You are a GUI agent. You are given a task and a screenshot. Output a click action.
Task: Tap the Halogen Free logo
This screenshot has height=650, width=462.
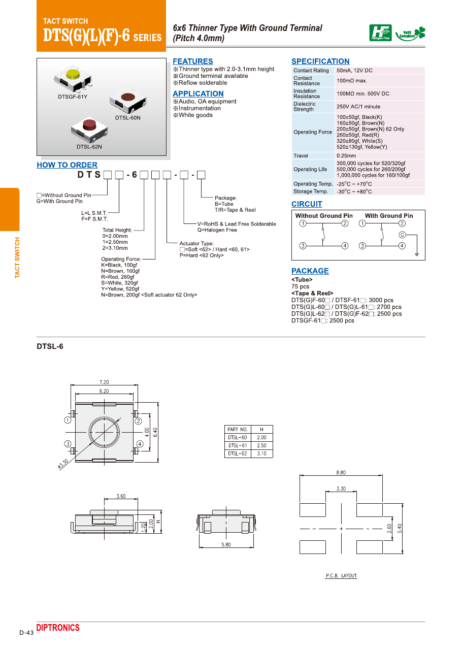(380, 33)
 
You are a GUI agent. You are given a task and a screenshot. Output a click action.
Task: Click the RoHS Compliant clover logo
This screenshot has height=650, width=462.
(411, 34)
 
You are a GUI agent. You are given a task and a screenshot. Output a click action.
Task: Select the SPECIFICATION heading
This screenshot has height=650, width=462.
(320, 61)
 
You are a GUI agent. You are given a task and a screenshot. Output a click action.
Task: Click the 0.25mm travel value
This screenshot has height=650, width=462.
(346, 156)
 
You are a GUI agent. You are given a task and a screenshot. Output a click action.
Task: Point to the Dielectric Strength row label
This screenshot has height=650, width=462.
(304, 107)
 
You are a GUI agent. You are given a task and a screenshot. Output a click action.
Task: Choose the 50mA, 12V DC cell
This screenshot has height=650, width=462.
(354, 71)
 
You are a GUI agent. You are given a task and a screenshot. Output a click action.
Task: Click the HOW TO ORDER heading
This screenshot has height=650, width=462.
(67, 165)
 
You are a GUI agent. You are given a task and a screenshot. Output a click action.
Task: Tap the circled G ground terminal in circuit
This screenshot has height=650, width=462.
(402, 235)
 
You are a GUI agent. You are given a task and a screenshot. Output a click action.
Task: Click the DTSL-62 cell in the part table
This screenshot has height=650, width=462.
(237, 453)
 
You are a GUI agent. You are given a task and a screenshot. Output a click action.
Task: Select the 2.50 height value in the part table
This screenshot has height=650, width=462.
(261, 445)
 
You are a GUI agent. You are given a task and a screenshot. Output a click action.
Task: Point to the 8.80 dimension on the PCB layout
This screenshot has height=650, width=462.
(341, 472)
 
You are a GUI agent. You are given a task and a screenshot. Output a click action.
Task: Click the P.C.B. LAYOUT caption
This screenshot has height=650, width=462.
(341, 576)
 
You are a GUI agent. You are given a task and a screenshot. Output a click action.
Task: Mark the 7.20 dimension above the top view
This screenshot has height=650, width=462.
(104, 382)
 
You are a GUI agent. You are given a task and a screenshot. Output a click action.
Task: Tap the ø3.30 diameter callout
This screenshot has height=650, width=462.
(63, 464)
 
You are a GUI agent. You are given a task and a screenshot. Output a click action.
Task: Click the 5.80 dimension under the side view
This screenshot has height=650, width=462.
(226, 544)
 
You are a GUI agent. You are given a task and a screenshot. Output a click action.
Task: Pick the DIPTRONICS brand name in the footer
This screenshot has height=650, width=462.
(58, 628)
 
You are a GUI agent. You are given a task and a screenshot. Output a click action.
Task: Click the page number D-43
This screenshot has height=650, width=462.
(26, 633)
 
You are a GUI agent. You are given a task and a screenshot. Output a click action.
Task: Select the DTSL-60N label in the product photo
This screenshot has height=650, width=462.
(127, 118)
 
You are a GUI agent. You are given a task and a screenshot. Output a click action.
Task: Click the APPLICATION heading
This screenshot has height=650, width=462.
(198, 94)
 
